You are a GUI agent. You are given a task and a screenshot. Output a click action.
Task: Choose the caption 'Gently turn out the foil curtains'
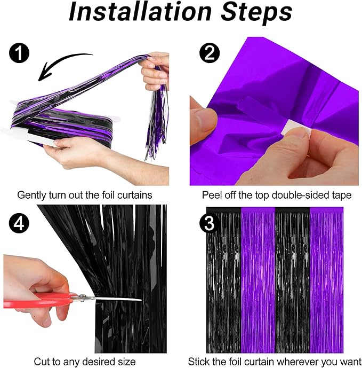pyautogui.click(x=85, y=195)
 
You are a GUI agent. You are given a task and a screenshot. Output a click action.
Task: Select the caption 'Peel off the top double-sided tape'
pyautogui.click(x=276, y=195)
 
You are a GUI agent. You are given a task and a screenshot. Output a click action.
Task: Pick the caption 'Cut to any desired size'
pyautogui.click(x=85, y=361)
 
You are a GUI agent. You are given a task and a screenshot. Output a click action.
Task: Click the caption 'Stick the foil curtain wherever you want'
pyautogui.click(x=276, y=361)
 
